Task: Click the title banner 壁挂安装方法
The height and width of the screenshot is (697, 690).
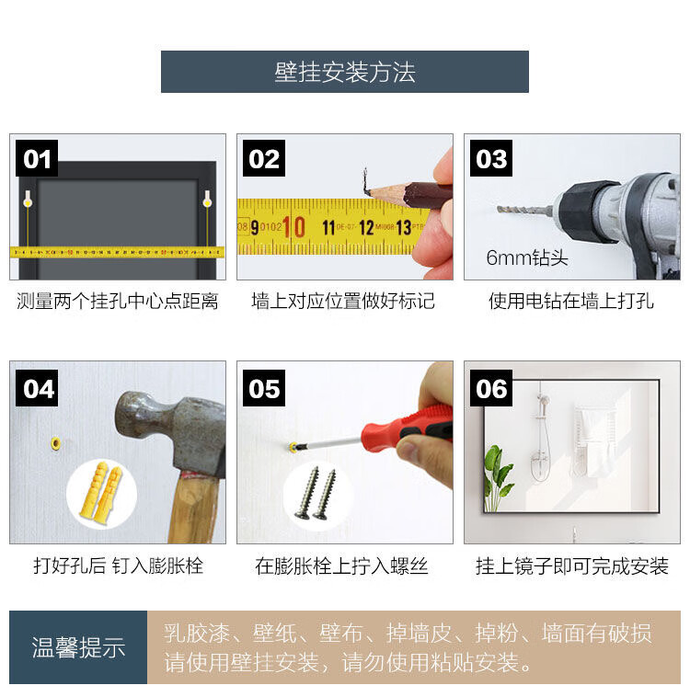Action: (x=345, y=72)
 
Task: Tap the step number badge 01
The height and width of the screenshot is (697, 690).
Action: (x=37, y=158)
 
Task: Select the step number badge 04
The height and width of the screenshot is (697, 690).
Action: (x=37, y=388)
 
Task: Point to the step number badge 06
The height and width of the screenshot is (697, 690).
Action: (x=491, y=388)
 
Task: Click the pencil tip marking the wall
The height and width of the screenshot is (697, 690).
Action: (x=367, y=192)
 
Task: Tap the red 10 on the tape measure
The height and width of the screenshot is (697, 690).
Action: (x=293, y=227)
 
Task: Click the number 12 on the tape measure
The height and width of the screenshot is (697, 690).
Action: (x=366, y=228)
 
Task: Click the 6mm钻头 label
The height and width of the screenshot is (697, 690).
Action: (x=527, y=257)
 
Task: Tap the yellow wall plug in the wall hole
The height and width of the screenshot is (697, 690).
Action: (x=56, y=443)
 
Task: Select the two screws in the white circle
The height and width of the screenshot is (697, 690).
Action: (x=316, y=493)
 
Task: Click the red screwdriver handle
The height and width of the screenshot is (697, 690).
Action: (x=407, y=428)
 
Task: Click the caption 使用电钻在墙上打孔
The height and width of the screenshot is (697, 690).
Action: (x=571, y=301)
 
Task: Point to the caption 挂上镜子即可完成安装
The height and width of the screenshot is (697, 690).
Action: (x=571, y=566)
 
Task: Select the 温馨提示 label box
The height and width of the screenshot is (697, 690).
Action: (x=78, y=646)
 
